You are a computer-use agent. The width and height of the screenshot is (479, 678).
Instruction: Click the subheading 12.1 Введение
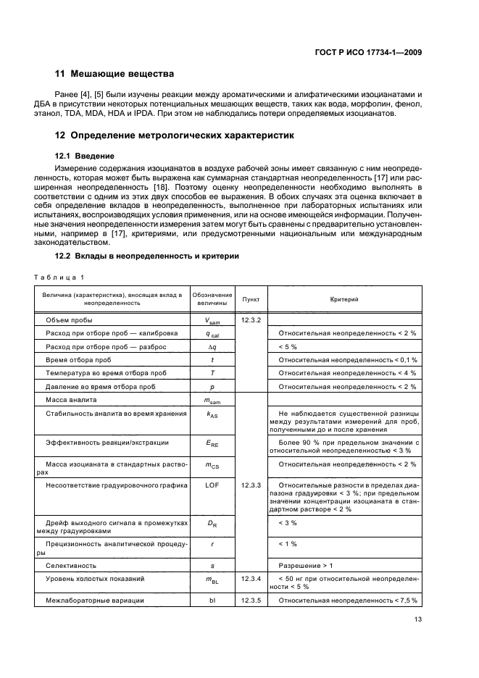[87, 156]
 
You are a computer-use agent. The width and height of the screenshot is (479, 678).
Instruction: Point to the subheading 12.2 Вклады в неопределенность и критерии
[147, 256]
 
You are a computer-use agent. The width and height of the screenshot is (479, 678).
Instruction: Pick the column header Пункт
[251, 299]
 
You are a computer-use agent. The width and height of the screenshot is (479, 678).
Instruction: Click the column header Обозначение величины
[212, 299]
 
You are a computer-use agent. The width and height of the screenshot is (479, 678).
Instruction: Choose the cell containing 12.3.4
[251, 579]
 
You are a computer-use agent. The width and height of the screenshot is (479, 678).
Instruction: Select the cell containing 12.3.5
[251, 600]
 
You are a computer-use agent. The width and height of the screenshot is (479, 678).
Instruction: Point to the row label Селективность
[71, 565]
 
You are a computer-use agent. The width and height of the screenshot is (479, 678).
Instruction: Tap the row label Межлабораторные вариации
[94, 600]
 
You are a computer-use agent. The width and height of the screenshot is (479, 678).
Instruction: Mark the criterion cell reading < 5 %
[289, 347]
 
